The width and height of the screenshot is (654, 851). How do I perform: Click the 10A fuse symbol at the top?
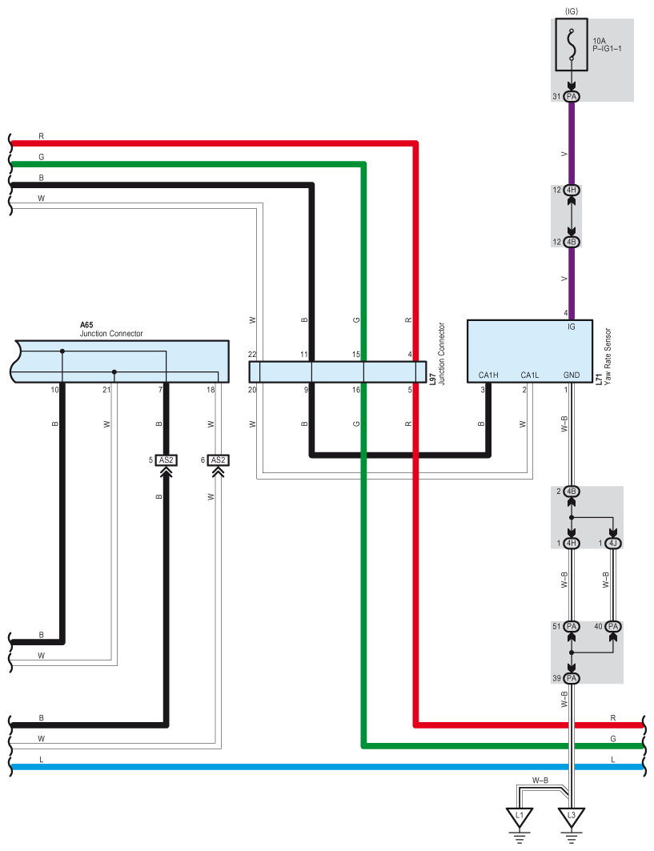[x=572, y=46]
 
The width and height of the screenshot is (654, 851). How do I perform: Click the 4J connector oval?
[x=613, y=544]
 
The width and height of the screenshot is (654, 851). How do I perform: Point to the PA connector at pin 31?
[x=572, y=96]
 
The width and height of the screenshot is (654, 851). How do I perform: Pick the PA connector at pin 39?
[x=572, y=678]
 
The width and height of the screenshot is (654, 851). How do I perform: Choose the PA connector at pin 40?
[x=613, y=626]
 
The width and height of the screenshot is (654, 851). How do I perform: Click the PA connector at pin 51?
[x=572, y=626]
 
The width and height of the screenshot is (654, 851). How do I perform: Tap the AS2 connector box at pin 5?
[x=167, y=460]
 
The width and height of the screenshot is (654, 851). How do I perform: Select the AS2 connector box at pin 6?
[x=218, y=460]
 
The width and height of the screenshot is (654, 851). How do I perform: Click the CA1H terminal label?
[x=488, y=375]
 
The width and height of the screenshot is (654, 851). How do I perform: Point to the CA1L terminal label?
[x=530, y=375]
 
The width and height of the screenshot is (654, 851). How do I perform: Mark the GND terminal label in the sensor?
[x=572, y=375]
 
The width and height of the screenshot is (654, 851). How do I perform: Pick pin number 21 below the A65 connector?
[x=106, y=390]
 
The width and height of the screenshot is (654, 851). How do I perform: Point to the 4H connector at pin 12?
[x=572, y=190]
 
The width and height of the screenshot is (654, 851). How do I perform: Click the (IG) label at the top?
[x=572, y=10]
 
